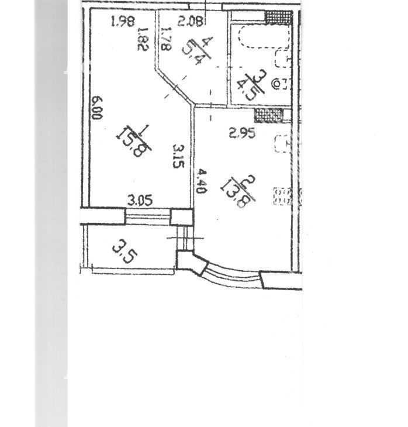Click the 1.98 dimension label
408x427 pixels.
[x=123, y=22]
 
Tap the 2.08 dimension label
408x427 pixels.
[x=191, y=21]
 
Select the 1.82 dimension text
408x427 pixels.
[x=143, y=39]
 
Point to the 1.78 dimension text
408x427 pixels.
[x=166, y=39]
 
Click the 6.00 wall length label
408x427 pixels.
[x=97, y=108]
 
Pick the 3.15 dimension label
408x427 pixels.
[x=179, y=156]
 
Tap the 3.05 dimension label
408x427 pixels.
[x=140, y=201]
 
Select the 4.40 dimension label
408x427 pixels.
[x=201, y=181]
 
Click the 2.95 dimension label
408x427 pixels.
[x=242, y=133]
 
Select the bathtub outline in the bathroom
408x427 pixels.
[x=265, y=38]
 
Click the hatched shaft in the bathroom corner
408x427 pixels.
[x=279, y=18]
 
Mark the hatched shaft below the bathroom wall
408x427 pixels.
[x=269, y=115]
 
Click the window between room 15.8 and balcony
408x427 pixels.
[x=148, y=217]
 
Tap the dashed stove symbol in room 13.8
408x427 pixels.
[x=283, y=196]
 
